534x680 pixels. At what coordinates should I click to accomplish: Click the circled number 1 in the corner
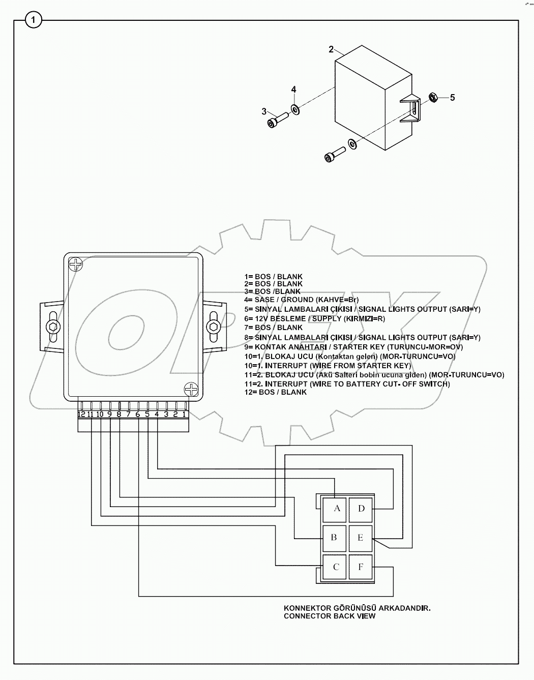34,20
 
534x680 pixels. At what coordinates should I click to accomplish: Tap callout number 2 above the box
331,49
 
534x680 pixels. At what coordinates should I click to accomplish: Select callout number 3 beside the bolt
264,111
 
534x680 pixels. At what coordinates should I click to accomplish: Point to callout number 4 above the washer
293,90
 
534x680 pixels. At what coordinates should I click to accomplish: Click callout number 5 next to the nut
452,97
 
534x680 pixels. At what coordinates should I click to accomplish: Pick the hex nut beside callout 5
433,96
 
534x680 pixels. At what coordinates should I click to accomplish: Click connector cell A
336,508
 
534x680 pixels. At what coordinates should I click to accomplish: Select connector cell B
334,538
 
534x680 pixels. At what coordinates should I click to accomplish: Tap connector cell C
336,567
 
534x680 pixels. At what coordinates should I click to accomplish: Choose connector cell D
361,508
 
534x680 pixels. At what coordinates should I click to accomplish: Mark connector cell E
361,538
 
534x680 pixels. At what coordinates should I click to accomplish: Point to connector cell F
361,567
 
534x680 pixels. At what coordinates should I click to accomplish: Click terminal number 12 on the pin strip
82,414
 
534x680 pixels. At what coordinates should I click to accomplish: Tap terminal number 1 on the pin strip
184,414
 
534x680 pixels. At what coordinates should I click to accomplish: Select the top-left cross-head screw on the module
76,264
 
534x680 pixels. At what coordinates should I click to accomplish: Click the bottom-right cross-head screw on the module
191,390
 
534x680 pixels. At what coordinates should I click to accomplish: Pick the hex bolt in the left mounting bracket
52,326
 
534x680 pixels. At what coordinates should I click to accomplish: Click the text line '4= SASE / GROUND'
301,300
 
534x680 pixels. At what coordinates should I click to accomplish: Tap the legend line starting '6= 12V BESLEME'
314,318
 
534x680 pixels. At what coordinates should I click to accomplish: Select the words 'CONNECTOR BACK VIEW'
330,616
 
